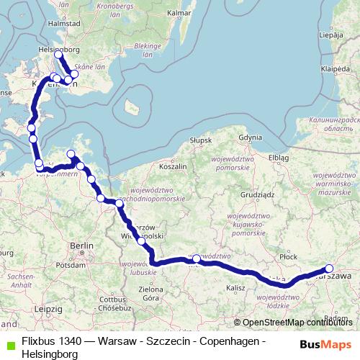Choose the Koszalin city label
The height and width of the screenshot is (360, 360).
172,166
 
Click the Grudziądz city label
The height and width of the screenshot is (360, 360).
258,194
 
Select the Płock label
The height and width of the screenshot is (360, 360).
289,256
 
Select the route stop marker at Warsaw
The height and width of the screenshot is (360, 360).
330,269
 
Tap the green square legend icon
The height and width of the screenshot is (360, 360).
9,346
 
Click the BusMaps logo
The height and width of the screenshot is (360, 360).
324,344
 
